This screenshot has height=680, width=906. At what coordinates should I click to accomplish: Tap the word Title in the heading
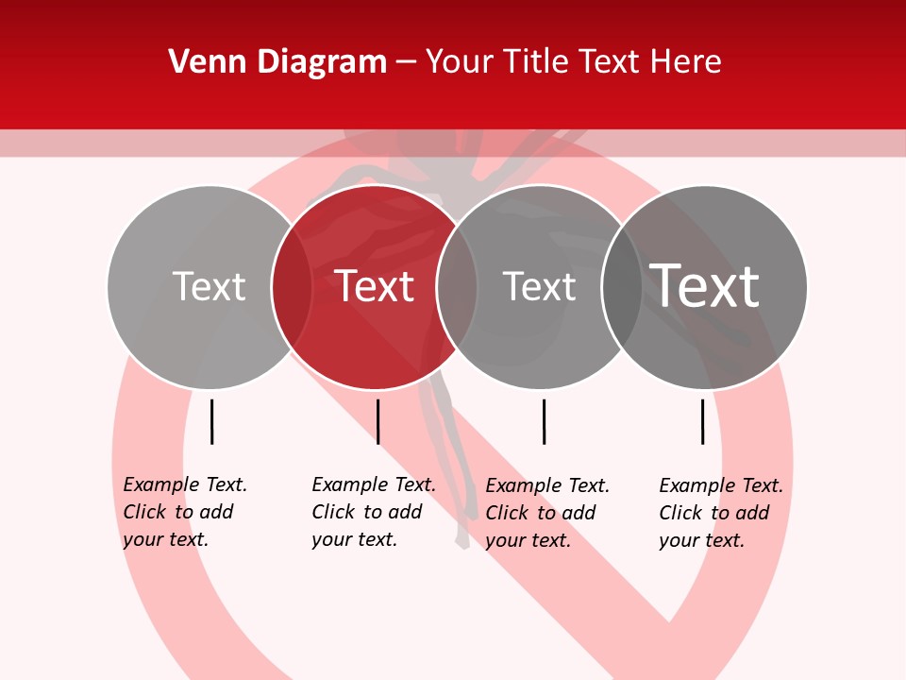coord(536,62)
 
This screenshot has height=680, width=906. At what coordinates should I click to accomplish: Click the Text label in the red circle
coord(375,286)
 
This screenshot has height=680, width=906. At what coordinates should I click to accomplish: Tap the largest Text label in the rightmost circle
coord(705,286)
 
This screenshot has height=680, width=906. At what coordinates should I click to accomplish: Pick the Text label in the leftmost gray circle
coord(209,286)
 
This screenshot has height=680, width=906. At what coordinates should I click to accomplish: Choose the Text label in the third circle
coord(539,286)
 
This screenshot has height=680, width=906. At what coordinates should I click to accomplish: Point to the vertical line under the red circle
coord(377,421)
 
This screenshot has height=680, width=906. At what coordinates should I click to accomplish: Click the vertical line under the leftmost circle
coord(212,421)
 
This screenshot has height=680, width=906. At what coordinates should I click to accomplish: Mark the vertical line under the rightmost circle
coord(703,421)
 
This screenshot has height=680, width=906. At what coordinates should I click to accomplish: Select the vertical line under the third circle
coord(544,421)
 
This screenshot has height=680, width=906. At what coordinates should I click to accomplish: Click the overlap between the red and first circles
coord(292,286)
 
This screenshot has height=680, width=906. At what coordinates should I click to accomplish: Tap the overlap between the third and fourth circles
coord(622,286)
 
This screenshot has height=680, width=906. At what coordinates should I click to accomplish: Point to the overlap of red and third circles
coord(457,286)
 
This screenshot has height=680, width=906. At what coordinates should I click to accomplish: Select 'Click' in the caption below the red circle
coord(333,512)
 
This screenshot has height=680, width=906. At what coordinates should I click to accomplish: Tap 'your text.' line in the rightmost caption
coord(701,540)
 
